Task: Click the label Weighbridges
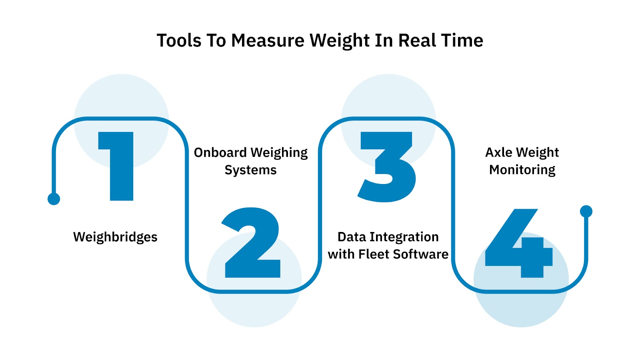(x=115, y=237)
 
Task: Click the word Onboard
(x=220, y=152)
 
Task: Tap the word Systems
(x=250, y=170)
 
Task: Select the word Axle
(x=498, y=152)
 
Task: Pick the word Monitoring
(x=522, y=170)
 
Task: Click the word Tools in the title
(x=179, y=40)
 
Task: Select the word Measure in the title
(x=268, y=40)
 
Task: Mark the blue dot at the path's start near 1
(x=54, y=199)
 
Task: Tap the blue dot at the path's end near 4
(x=586, y=211)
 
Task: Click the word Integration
(x=404, y=237)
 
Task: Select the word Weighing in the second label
(x=279, y=153)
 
